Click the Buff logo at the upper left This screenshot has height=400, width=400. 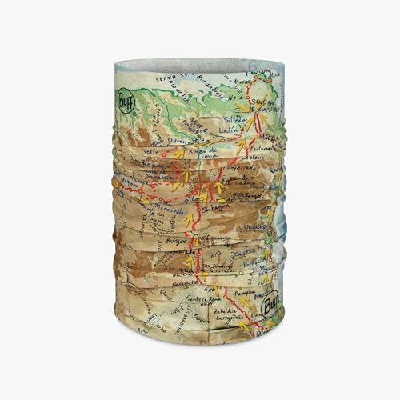point(126,102)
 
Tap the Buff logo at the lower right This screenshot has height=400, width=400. point(270,305)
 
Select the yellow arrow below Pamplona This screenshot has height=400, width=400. point(245,326)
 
